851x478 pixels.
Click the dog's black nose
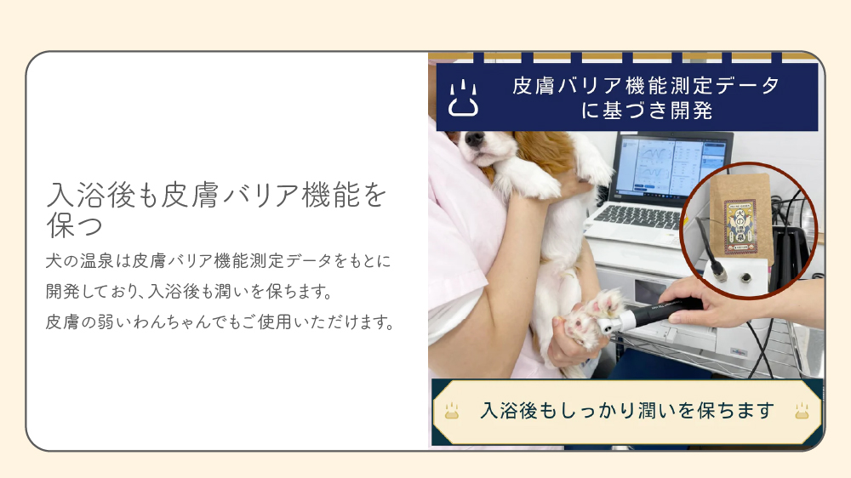[474, 139]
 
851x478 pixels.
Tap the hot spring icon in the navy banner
[463, 98]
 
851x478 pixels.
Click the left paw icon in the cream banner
[452, 411]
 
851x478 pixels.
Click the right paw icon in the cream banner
[802, 411]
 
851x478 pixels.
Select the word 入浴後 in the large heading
[91, 195]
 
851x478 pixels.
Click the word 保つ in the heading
[74, 225]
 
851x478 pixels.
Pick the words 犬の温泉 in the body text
[80, 261]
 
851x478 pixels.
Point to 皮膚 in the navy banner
[533, 86]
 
